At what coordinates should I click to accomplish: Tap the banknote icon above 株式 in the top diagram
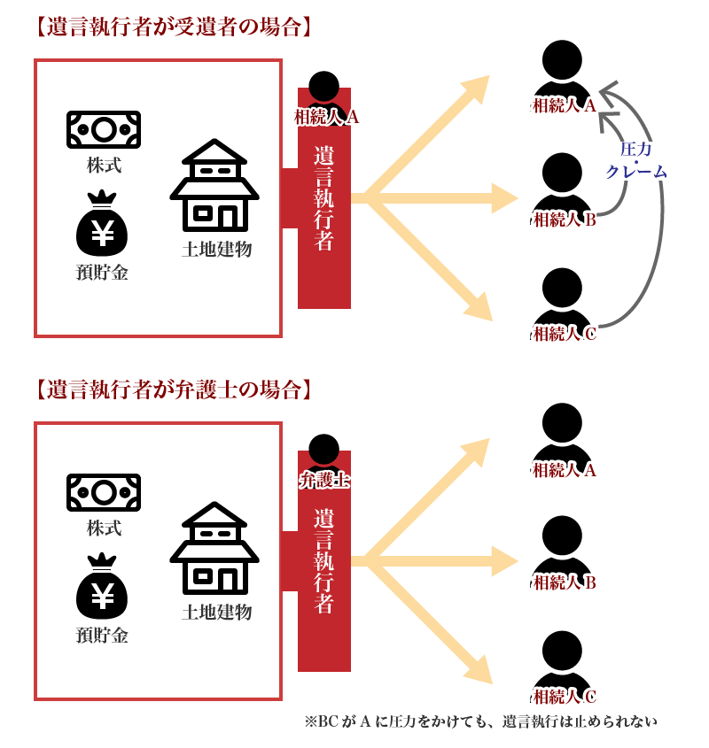[104, 130]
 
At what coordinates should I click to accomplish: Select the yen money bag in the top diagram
[103, 225]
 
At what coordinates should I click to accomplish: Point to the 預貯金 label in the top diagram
[103, 273]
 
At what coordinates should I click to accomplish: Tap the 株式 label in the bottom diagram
[104, 528]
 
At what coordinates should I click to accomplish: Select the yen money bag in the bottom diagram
[103, 588]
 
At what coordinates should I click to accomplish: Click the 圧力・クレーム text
[636, 161]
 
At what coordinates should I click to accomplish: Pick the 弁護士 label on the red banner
[324, 481]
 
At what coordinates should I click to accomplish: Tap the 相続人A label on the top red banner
[326, 116]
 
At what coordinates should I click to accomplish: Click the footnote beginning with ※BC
[481, 721]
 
